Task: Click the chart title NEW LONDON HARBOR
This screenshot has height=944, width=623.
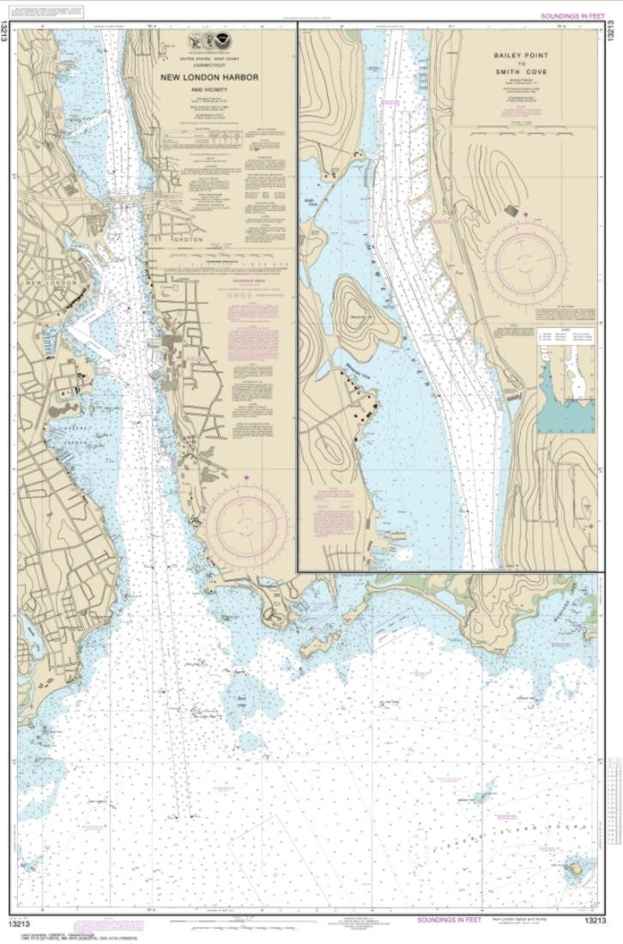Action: click(209, 77)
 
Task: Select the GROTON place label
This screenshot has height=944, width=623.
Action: click(178, 239)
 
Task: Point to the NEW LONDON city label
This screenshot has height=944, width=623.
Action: click(51, 282)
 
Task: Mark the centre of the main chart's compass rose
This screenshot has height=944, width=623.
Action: click(246, 523)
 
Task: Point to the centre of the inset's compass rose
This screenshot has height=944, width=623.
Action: click(525, 255)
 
